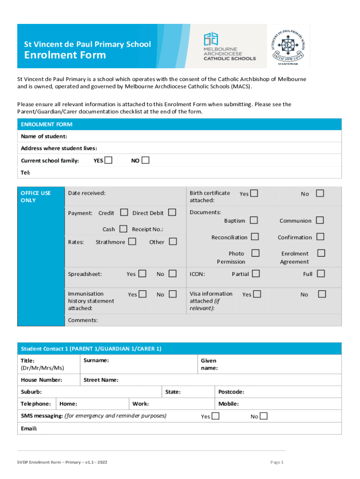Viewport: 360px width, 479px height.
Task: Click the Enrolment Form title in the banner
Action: [x=65, y=55]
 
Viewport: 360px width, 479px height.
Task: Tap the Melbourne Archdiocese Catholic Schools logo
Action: [x=230, y=47]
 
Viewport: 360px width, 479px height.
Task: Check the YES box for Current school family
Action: [x=108, y=160]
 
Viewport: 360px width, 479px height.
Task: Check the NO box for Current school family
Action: [x=145, y=160]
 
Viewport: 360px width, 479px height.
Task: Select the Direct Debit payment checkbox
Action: [x=172, y=212]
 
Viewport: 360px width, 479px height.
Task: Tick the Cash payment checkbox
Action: [x=123, y=229]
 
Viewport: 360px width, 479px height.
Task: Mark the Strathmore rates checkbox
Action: [x=132, y=241]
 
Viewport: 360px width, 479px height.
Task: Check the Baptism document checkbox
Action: [x=254, y=220]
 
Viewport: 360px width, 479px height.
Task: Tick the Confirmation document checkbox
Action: [x=321, y=237]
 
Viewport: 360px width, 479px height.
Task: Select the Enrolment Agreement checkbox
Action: [x=321, y=253]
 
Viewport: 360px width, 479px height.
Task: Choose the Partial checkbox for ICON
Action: [x=256, y=273]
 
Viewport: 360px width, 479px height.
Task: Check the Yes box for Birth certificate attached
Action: [x=254, y=193]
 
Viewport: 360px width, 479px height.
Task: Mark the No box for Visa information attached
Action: [x=322, y=294]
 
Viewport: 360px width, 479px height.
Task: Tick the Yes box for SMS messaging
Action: [x=216, y=416]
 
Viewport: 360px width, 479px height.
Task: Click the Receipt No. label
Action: [x=148, y=229]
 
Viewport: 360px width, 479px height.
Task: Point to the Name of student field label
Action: [x=44, y=136]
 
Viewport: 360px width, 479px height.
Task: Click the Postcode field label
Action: [x=231, y=392]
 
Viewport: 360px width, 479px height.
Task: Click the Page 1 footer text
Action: [x=277, y=462]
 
